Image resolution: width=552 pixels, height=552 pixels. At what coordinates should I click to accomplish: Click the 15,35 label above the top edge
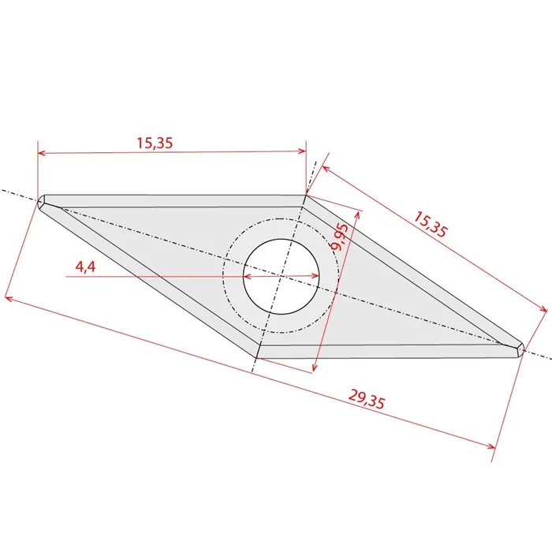point(155,143)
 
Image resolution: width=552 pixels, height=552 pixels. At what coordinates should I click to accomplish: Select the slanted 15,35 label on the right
point(431,224)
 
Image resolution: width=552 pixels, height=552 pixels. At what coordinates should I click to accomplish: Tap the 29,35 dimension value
point(367,399)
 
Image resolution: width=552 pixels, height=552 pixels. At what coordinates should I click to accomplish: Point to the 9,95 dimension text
point(340,237)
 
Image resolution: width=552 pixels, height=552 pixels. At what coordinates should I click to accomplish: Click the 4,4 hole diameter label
point(85,267)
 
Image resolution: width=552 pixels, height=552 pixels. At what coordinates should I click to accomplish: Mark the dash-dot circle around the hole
point(222,276)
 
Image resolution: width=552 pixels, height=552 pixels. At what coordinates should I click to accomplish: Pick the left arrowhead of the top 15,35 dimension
point(42,153)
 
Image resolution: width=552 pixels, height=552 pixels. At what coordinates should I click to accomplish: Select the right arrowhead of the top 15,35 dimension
point(302,151)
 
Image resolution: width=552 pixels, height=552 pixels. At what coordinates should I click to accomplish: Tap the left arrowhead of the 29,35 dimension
point(9,299)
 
